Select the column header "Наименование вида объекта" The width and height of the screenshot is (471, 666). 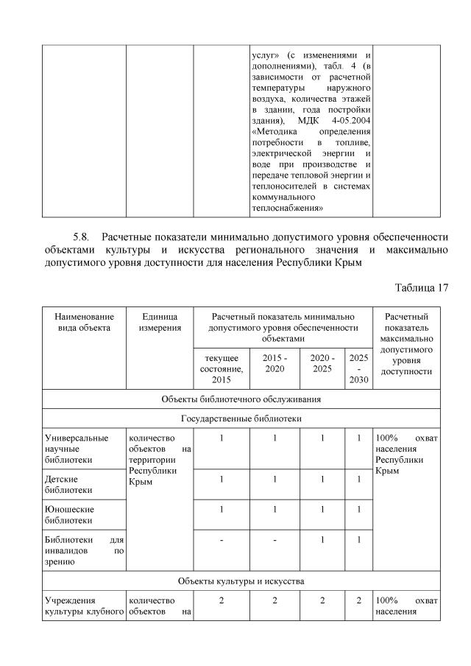(x=84, y=322)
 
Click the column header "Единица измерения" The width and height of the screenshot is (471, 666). (x=160, y=322)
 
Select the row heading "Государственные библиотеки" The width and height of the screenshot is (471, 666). (x=240, y=418)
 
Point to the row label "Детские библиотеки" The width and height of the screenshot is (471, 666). (x=69, y=484)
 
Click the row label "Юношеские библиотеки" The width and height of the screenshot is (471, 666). (x=69, y=514)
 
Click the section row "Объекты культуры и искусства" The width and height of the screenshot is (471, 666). (x=241, y=581)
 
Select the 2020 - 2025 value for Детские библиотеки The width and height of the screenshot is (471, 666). (x=322, y=479)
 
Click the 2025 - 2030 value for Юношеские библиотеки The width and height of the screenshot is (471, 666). (x=358, y=509)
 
